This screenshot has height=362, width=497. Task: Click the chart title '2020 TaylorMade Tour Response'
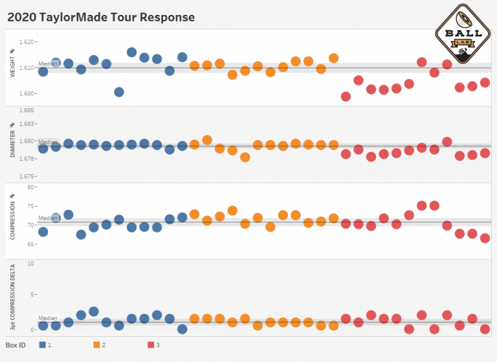point(101,17)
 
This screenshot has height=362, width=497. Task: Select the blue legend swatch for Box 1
point(42,345)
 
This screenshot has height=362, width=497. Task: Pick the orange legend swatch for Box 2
point(96,345)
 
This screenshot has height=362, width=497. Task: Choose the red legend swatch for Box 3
point(151,345)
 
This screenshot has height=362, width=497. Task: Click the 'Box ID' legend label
point(16,345)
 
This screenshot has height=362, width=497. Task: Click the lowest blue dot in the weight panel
point(119,92)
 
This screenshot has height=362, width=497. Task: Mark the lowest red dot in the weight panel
point(346,96)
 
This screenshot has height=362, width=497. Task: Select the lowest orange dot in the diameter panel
point(245,157)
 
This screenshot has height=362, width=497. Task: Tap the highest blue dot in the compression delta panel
point(94,311)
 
